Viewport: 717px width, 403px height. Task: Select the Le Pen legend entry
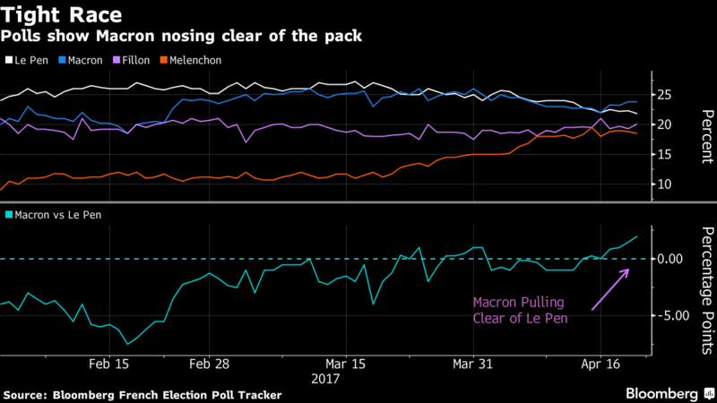tap(30, 60)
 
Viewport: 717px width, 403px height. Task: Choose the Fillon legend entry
tap(144, 60)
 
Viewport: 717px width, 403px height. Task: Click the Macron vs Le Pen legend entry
tap(54, 215)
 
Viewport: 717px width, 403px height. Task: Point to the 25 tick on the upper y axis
tap(663, 95)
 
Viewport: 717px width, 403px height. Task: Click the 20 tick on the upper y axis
tap(663, 124)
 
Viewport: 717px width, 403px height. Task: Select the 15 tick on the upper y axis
tap(663, 155)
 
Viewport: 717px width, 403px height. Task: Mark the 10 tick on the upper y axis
tap(663, 184)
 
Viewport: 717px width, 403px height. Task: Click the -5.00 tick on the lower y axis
tap(668, 315)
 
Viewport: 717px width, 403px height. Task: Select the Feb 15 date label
tap(109, 364)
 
